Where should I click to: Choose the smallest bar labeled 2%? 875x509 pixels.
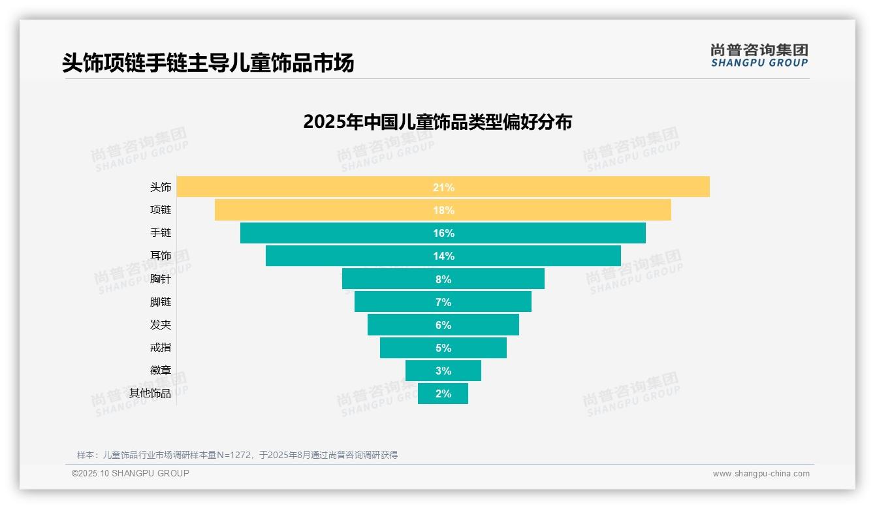[x=443, y=393]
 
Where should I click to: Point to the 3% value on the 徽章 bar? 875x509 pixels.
[x=443, y=371]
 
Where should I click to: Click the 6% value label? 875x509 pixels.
[x=443, y=325]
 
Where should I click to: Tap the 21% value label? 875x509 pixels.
[x=443, y=187]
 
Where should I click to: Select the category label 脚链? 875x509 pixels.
[x=161, y=302]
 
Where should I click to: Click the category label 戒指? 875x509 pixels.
[x=161, y=348]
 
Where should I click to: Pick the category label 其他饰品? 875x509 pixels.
[x=150, y=393]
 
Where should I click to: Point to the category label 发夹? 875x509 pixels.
[x=161, y=325]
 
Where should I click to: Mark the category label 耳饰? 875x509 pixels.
[x=161, y=256]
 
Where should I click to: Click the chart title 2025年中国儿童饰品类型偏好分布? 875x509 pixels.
[x=438, y=122]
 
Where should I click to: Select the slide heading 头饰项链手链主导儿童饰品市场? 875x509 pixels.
[x=208, y=63]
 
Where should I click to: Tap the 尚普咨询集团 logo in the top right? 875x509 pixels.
[x=759, y=55]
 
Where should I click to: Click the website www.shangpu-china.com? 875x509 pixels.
[x=761, y=474]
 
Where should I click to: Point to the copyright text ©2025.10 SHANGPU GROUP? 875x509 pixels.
[x=131, y=474]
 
